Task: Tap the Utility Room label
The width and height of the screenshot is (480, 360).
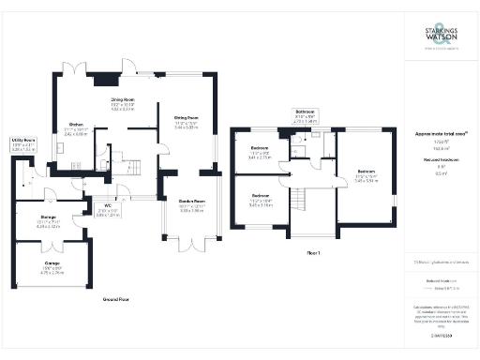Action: pyautogui.click(x=23, y=145)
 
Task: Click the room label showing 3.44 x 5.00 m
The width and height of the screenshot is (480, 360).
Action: pyautogui.click(x=186, y=122)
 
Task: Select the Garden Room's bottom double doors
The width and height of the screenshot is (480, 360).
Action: pyautogui.click(x=192, y=242)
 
